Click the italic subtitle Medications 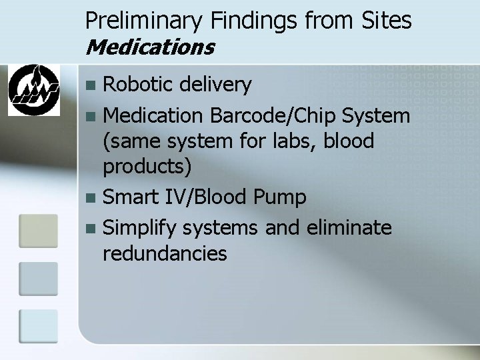pos(150,47)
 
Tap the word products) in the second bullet pos(147,167)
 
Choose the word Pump pos(282,198)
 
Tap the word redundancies pos(165,253)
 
